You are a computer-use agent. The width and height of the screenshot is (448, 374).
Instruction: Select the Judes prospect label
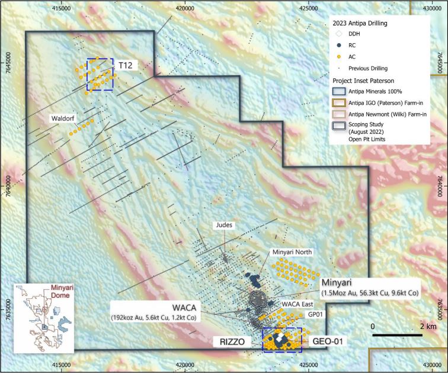click(x=226, y=225)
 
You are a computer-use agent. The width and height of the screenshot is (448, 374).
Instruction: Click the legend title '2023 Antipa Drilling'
click(x=359, y=24)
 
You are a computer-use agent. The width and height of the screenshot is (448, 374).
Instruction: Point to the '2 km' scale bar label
click(x=411, y=326)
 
